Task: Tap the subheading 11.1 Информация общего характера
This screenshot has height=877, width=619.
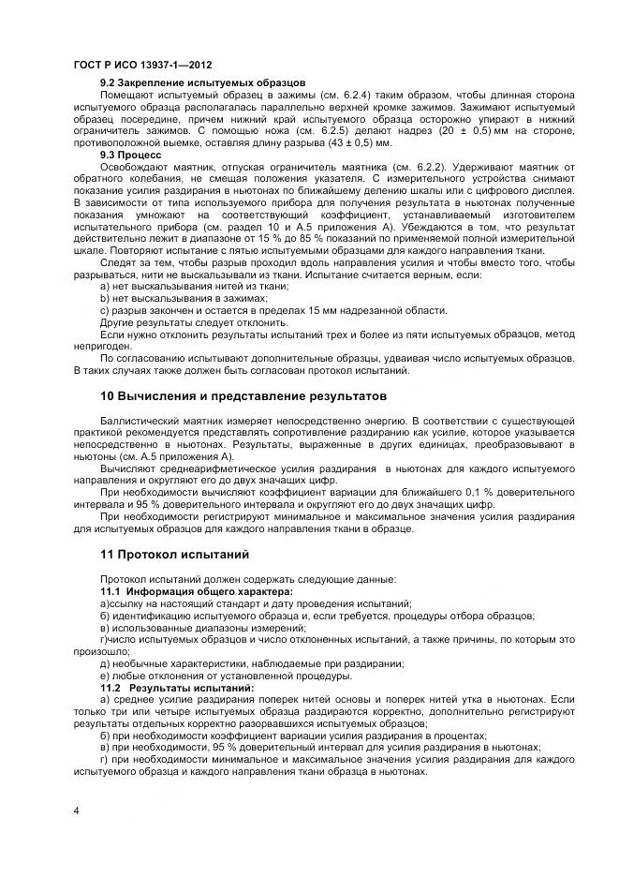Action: pos(196,592)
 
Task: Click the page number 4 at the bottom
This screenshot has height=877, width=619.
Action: pos(76,809)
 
